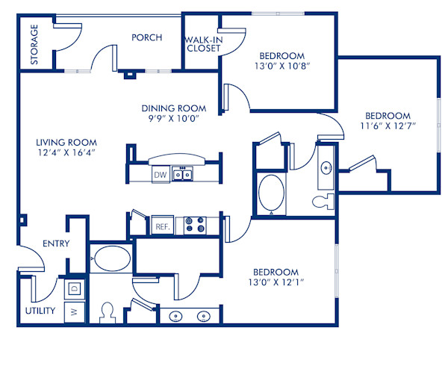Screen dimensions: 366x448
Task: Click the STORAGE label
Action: (34, 45)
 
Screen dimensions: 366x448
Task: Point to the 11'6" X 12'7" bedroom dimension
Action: (387, 126)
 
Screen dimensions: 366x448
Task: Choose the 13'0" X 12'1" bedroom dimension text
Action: (276, 282)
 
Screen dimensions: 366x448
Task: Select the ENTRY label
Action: (56, 244)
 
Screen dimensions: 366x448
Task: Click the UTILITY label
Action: (40, 310)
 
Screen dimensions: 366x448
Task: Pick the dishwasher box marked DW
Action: (160, 176)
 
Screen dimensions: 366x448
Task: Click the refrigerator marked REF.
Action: (161, 226)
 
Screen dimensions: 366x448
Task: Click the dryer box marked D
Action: (75, 288)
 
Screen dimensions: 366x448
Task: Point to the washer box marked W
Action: (75, 312)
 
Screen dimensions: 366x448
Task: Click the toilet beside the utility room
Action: (107, 311)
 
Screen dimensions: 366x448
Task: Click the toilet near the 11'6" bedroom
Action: (324, 201)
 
